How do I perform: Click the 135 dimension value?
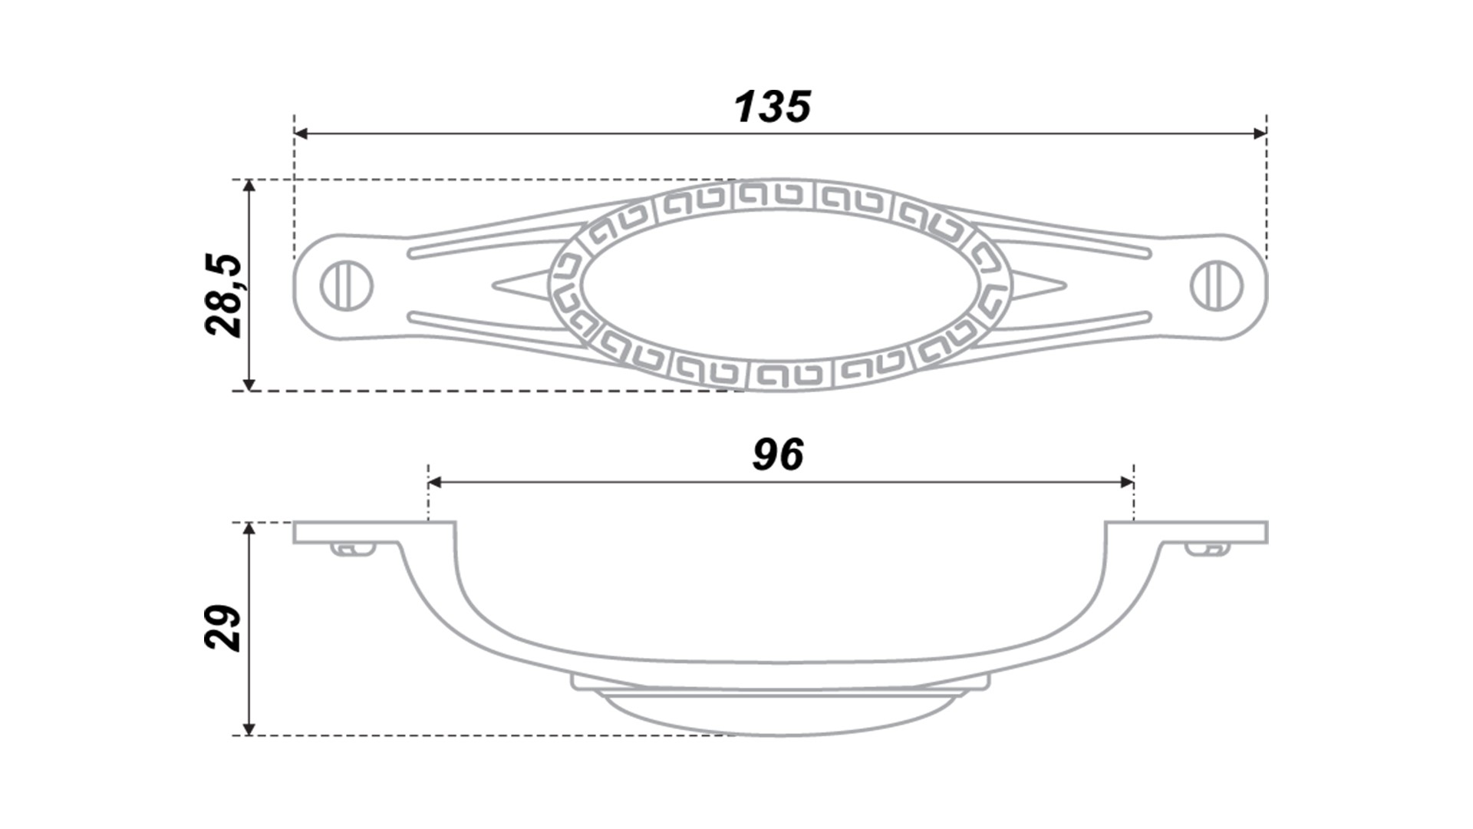(x=773, y=107)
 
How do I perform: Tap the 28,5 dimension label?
(x=224, y=296)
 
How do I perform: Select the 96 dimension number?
(x=778, y=454)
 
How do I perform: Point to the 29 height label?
(x=224, y=628)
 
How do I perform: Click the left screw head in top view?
(x=346, y=286)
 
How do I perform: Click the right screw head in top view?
(x=1217, y=286)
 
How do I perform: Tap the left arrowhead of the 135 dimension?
(x=302, y=134)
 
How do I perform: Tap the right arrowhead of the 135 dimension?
(x=1259, y=134)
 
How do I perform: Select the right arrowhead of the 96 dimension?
(x=1126, y=482)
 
